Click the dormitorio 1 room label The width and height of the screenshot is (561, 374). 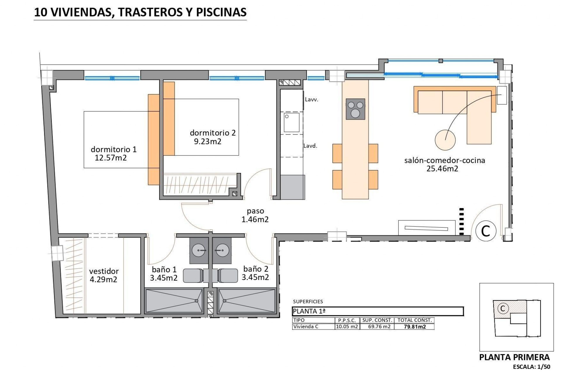[x=114, y=149]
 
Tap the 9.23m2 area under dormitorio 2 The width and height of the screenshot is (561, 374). [x=207, y=142]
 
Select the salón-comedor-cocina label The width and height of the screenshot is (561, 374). [x=444, y=160]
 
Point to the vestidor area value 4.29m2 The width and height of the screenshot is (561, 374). [x=103, y=280]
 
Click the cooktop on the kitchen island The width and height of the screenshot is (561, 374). [x=355, y=109]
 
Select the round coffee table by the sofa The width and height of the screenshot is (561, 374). [x=445, y=140]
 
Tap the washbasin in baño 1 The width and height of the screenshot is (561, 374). [x=199, y=250]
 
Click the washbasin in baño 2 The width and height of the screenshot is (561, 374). [x=222, y=250]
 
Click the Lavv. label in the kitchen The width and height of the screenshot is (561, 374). [x=311, y=100]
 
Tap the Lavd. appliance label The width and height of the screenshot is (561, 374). [x=310, y=146]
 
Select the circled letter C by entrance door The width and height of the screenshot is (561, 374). [x=485, y=231]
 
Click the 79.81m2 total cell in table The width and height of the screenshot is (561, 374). [x=415, y=327]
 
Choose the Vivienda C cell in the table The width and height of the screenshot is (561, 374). [x=306, y=327]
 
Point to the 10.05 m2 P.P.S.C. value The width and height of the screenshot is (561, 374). [x=347, y=327]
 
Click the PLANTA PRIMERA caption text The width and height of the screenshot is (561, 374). [x=514, y=357]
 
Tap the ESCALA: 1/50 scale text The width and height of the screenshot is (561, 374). [x=531, y=367]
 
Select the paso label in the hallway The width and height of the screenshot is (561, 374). [x=255, y=211]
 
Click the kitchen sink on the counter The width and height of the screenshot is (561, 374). [x=292, y=122]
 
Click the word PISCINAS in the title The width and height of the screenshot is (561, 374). [x=221, y=12]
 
